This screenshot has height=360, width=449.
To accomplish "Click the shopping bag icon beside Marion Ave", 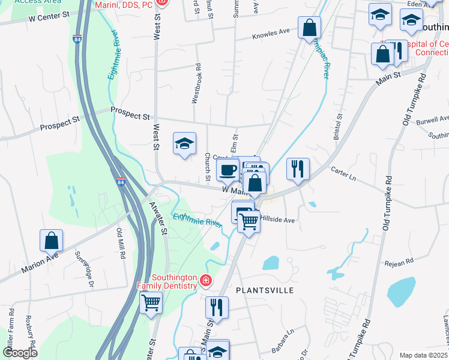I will [51, 241].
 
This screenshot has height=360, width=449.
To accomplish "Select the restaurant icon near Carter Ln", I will [298, 169].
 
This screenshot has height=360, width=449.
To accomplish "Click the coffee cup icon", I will [227, 170].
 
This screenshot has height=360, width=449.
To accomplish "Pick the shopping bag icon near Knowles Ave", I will [309, 27].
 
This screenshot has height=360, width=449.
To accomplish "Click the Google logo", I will [20, 353].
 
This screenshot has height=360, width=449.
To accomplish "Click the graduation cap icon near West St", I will [184, 143].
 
